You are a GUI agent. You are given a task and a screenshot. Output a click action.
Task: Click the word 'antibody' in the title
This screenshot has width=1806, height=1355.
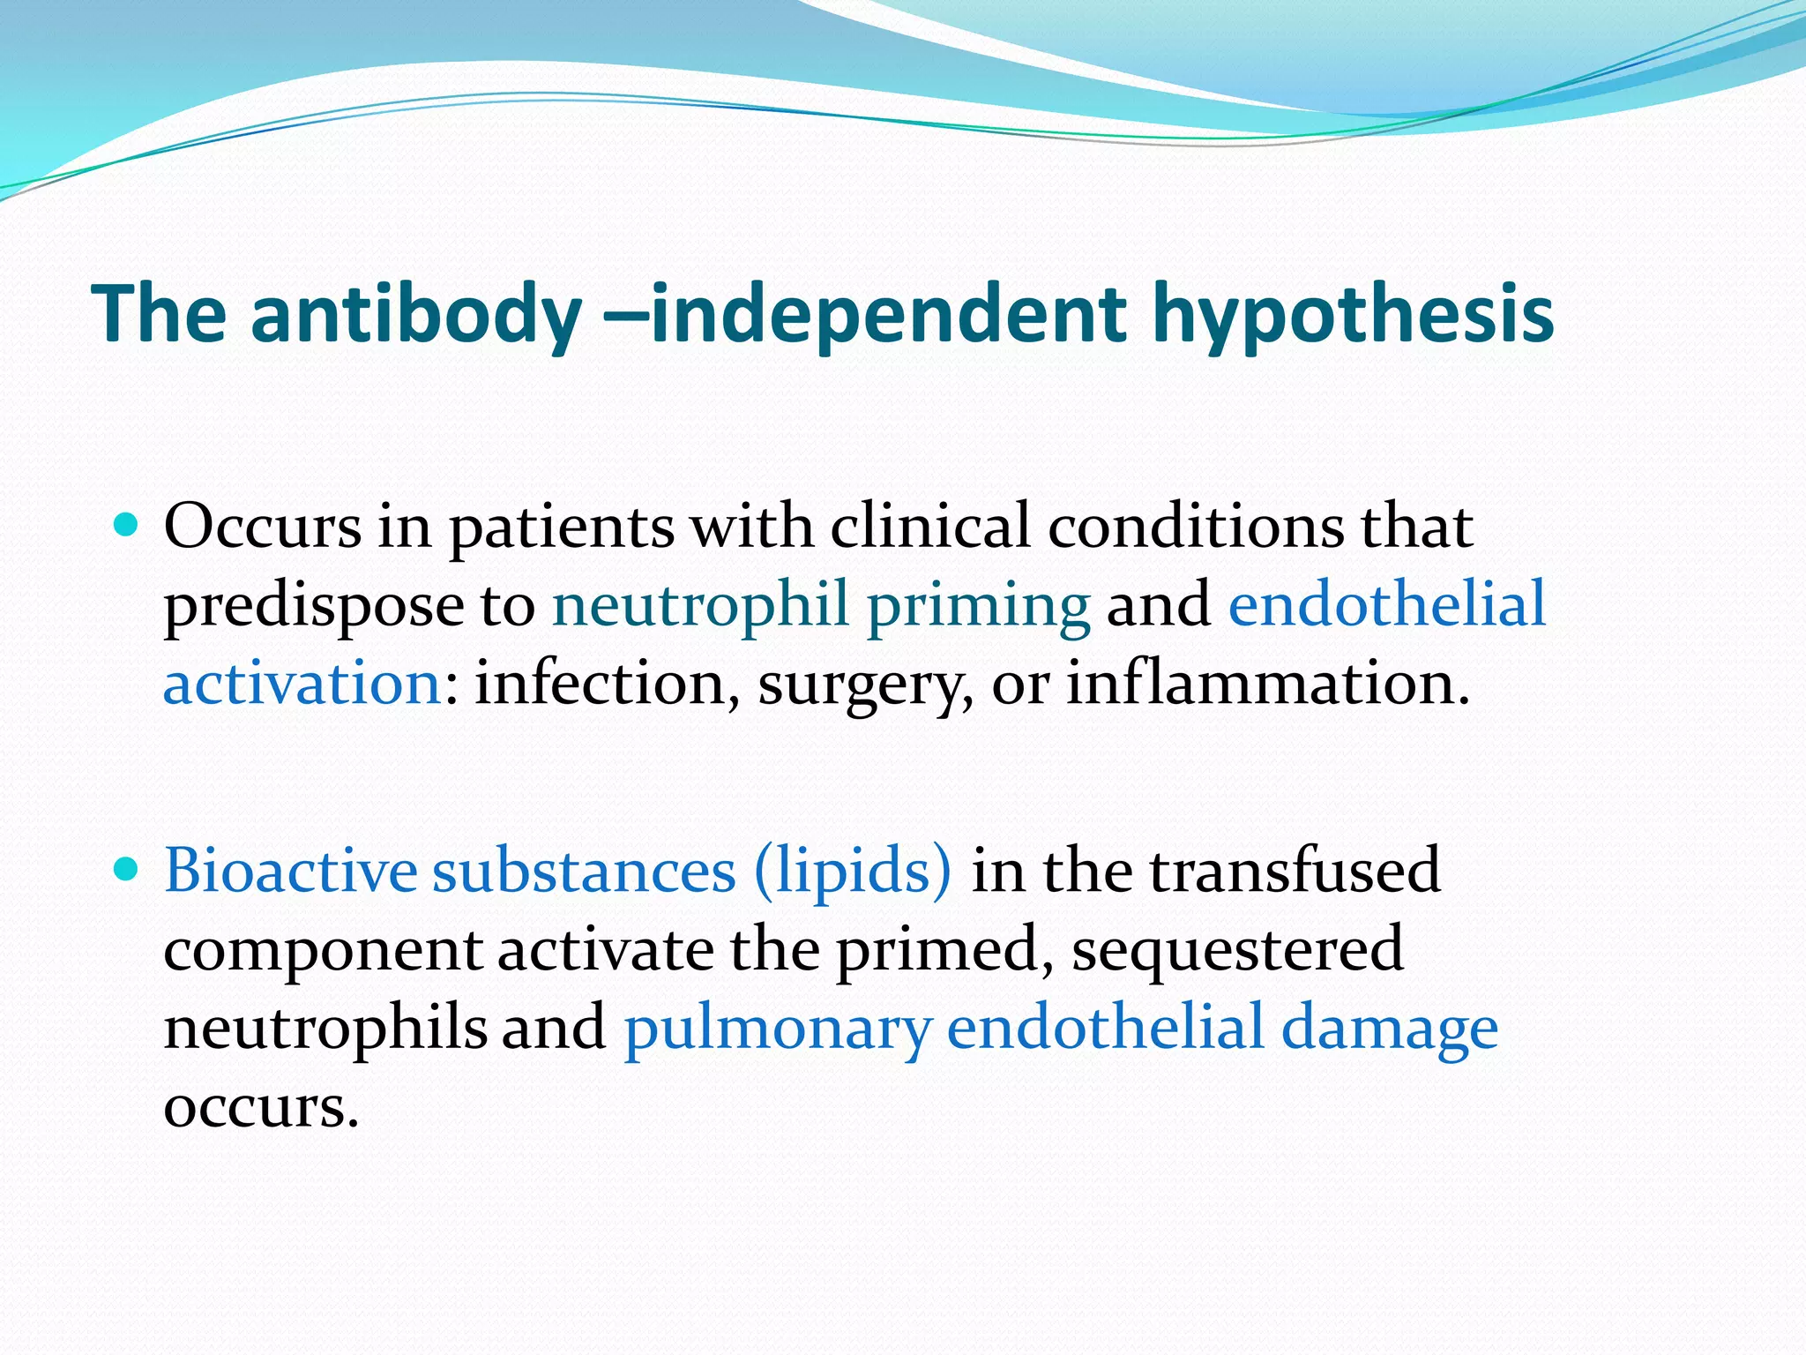415,314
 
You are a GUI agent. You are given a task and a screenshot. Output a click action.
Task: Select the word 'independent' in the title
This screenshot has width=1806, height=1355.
888,314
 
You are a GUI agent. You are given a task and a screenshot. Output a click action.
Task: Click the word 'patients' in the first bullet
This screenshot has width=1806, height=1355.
562,528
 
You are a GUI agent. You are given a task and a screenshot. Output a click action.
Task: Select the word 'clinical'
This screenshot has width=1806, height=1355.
930,526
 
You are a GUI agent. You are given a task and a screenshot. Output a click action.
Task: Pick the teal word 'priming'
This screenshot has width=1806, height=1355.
978,607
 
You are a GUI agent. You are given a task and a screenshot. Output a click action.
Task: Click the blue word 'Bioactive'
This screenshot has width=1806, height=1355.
290,871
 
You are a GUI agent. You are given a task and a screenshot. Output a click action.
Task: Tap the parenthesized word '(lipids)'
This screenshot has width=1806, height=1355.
853,871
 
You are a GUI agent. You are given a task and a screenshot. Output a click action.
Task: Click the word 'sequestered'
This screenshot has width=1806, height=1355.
1237,949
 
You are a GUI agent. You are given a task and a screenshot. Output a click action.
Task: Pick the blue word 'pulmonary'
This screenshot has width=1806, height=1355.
777,1029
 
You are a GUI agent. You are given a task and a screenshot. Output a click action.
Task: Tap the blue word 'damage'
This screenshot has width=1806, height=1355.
1389,1029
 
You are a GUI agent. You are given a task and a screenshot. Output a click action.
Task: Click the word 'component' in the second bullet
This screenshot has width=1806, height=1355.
323,951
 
